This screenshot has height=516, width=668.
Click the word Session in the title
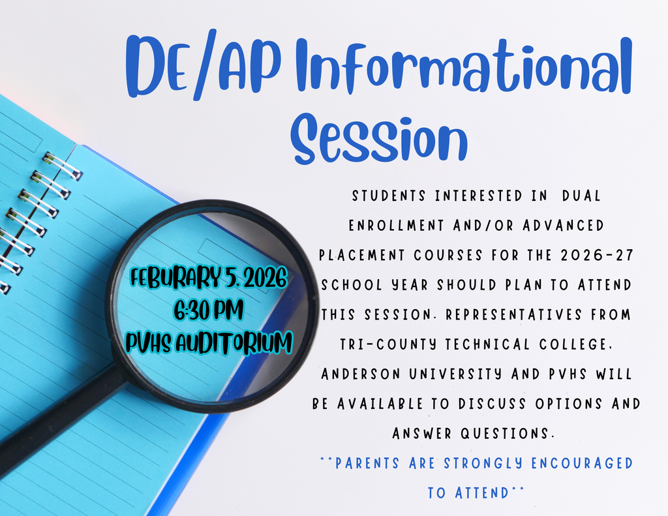click(x=379, y=139)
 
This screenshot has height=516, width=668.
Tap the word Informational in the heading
click(x=464, y=66)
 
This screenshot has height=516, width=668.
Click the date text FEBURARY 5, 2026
click(x=208, y=279)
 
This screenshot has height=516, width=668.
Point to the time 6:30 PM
click(x=208, y=310)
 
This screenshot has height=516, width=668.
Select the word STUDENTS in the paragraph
click(x=389, y=196)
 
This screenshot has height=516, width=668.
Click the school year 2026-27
click(x=597, y=255)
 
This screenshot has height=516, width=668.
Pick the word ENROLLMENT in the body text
click(x=396, y=226)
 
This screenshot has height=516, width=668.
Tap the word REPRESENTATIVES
click(x=513, y=315)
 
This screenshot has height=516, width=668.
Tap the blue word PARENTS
click(x=367, y=463)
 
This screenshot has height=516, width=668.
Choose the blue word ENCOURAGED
click(x=582, y=463)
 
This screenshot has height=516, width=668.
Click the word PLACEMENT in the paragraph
click(x=361, y=255)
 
